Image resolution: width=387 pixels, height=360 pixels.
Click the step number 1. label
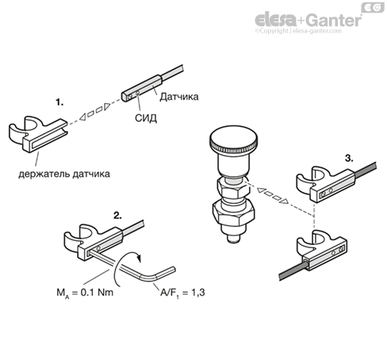[59, 102]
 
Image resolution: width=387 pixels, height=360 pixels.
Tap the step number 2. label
[117, 215]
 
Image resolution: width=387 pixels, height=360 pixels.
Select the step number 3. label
[349, 159]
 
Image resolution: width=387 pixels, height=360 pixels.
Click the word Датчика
[179, 97]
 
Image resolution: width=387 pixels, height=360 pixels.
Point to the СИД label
[146, 118]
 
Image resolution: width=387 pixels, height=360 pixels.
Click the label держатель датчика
[64, 174]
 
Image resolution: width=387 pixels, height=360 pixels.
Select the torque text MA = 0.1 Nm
[85, 293]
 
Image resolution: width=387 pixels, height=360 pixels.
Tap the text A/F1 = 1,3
[182, 293]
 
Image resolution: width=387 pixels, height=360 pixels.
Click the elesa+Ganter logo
[308, 20]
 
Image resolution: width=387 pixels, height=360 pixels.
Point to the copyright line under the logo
[298, 31]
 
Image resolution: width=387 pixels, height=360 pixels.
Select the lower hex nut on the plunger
[234, 213]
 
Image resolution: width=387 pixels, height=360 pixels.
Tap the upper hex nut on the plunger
[232, 189]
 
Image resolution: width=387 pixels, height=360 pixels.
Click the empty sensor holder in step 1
[38, 133]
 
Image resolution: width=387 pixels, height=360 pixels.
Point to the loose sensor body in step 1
[141, 88]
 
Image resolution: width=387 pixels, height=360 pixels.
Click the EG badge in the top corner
[373, 7]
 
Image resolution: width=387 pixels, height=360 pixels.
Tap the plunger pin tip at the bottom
[234, 239]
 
